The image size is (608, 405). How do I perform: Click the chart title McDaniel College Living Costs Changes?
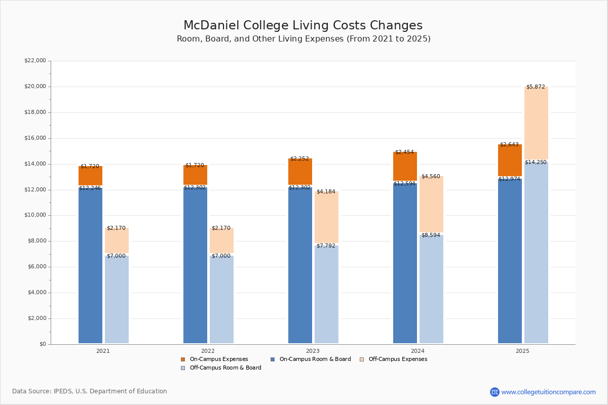click(303, 26)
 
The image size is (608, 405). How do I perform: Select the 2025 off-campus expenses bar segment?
click(536, 124)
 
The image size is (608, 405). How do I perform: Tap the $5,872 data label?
click(536, 87)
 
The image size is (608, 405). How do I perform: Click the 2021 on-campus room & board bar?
click(90, 265)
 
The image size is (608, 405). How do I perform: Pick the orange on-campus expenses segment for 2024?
click(405, 167)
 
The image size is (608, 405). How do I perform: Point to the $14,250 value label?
click(536, 163)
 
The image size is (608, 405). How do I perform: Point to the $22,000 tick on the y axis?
click(35, 61)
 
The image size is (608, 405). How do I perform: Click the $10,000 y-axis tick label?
click(35, 215)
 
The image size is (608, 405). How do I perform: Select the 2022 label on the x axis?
click(208, 351)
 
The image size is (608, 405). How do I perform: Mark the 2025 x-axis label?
click(522, 351)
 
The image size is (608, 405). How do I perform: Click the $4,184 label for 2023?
click(326, 192)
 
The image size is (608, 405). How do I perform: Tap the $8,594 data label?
click(431, 235)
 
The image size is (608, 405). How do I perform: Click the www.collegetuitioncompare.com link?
click(548, 392)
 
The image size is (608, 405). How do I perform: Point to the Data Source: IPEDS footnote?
click(90, 391)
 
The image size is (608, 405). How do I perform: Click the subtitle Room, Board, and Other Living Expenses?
click(303, 39)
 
